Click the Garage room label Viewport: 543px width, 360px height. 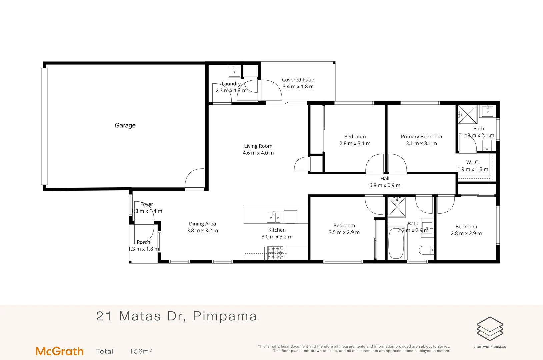pos(125,125)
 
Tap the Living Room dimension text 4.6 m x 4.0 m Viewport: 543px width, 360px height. pos(258,153)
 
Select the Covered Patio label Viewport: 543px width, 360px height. pos(298,80)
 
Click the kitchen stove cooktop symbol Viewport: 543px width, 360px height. pos(276,253)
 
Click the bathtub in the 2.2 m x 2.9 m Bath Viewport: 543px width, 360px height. pos(396,243)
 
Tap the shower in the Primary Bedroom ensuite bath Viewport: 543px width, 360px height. pos(467,114)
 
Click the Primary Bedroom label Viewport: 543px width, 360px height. pos(421,137)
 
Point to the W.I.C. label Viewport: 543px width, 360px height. pos(473,162)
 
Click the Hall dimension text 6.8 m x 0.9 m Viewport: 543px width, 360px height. pos(385,185)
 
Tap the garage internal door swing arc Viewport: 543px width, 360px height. pos(194,178)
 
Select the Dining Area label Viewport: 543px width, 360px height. pos(202,224)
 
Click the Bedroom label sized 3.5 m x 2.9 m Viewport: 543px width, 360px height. pos(344,226)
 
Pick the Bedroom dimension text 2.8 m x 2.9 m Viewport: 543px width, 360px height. pos(466,233)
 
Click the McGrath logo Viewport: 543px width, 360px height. pos(59,351)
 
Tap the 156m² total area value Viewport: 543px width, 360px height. pos(141,351)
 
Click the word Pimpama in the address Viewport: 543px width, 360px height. pos(225,316)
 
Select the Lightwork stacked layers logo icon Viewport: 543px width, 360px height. pos(490,329)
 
